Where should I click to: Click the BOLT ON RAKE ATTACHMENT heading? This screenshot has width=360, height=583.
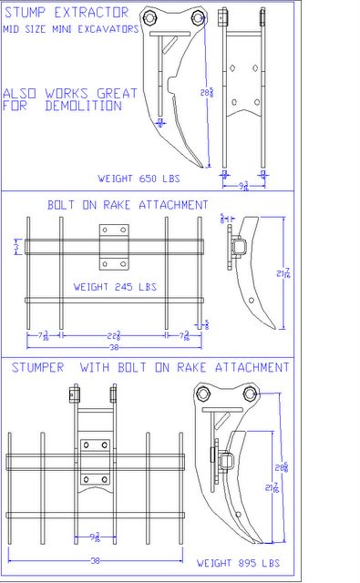click(128, 205)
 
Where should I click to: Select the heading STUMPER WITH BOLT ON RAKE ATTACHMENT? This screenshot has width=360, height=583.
click(150, 367)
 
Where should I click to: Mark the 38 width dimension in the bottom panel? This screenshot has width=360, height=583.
click(94, 557)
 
